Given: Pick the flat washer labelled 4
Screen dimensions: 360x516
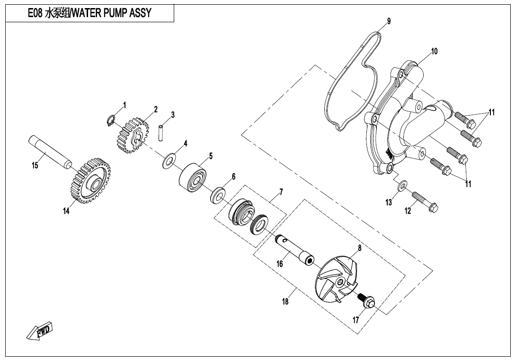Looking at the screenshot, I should coord(168,161).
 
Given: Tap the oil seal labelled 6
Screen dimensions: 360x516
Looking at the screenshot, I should coord(218,195).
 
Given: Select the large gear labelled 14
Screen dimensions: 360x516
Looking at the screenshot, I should coord(88,181).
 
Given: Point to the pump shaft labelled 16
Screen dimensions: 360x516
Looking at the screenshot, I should coord(294,250).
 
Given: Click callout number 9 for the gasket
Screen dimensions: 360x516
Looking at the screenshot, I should coord(389,21).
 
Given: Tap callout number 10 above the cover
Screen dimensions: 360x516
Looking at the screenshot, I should coord(434,51).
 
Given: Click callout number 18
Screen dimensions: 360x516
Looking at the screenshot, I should coord(285,302).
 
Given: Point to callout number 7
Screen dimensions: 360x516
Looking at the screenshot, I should coord(281,192).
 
